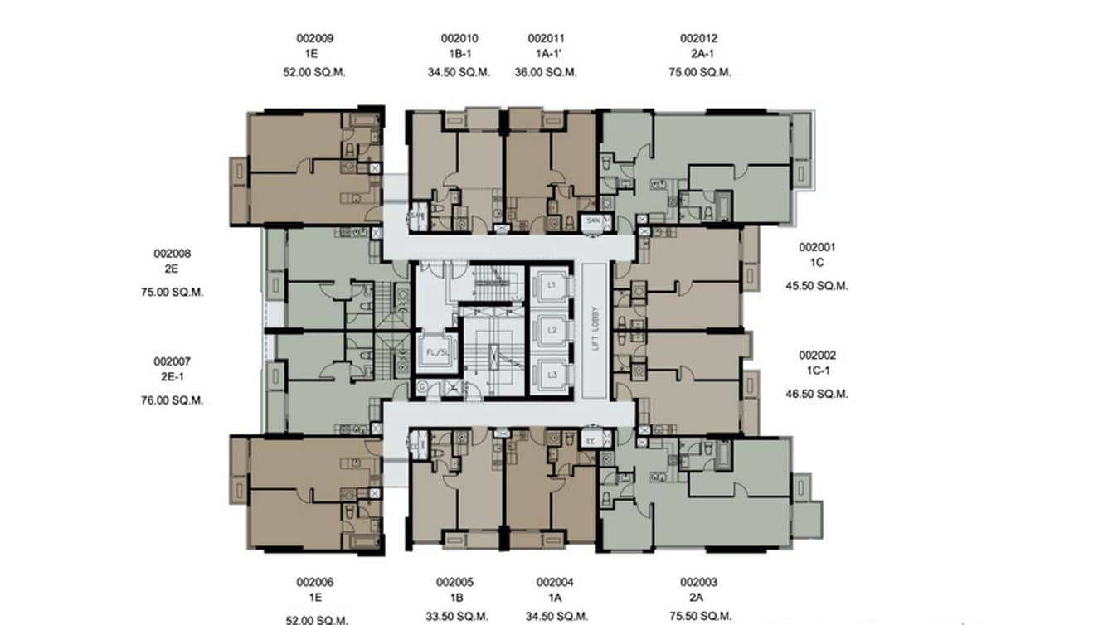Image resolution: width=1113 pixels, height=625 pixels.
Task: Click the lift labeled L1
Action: click(551, 284)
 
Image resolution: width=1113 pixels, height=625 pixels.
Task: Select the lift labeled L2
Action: click(551, 330)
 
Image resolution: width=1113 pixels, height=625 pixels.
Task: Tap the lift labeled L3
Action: click(551, 375)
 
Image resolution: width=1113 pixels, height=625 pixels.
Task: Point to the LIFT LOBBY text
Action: click(595, 330)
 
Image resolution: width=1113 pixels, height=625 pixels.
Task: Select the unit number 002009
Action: click(314, 38)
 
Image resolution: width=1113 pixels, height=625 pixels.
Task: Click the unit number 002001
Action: click(817, 247)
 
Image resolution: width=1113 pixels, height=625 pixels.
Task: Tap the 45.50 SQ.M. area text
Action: click(817, 286)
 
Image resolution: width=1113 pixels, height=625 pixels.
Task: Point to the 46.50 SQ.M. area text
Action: click(817, 395)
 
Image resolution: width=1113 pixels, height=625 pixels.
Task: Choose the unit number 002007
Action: click(173, 361)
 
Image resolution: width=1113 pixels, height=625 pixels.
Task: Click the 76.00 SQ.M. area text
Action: click(173, 400)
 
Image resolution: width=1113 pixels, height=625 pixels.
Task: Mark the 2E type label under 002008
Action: click(173, 269)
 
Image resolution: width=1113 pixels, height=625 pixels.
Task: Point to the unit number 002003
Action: click(698, 583)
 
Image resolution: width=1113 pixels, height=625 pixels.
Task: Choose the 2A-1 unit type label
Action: click(698, 54)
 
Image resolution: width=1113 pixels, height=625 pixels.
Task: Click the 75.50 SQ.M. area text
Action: click(700, 617)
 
